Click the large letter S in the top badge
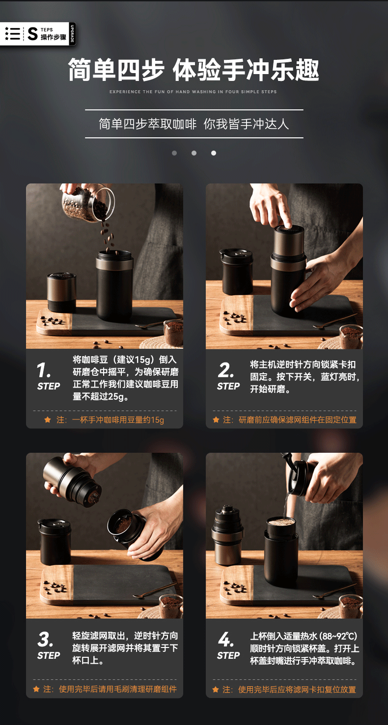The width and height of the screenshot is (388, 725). (32, 34)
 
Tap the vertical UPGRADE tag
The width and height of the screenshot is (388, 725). (72, 34)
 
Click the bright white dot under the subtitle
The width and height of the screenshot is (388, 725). (214, 153)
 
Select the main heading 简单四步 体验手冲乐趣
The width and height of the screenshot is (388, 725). (194, 70)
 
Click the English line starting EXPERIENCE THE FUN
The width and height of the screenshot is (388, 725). (193, 92)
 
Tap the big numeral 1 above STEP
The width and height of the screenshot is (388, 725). (44, 370)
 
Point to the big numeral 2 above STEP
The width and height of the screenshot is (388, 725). (226, 370)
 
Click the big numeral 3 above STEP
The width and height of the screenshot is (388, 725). (45, 639)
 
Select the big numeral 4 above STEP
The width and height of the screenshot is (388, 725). (226, 639)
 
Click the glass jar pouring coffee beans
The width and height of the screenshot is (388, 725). (88, 203)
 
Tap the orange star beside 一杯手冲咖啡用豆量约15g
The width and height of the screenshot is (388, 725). (48, 420)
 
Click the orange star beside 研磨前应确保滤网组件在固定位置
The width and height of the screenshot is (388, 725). (216, 420)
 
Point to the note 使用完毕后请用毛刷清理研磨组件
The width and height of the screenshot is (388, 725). (110, 689)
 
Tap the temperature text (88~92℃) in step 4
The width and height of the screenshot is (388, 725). (338, 636)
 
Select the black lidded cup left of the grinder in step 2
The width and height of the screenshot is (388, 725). (236, 271)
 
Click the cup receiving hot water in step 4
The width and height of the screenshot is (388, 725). (281, 551)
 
